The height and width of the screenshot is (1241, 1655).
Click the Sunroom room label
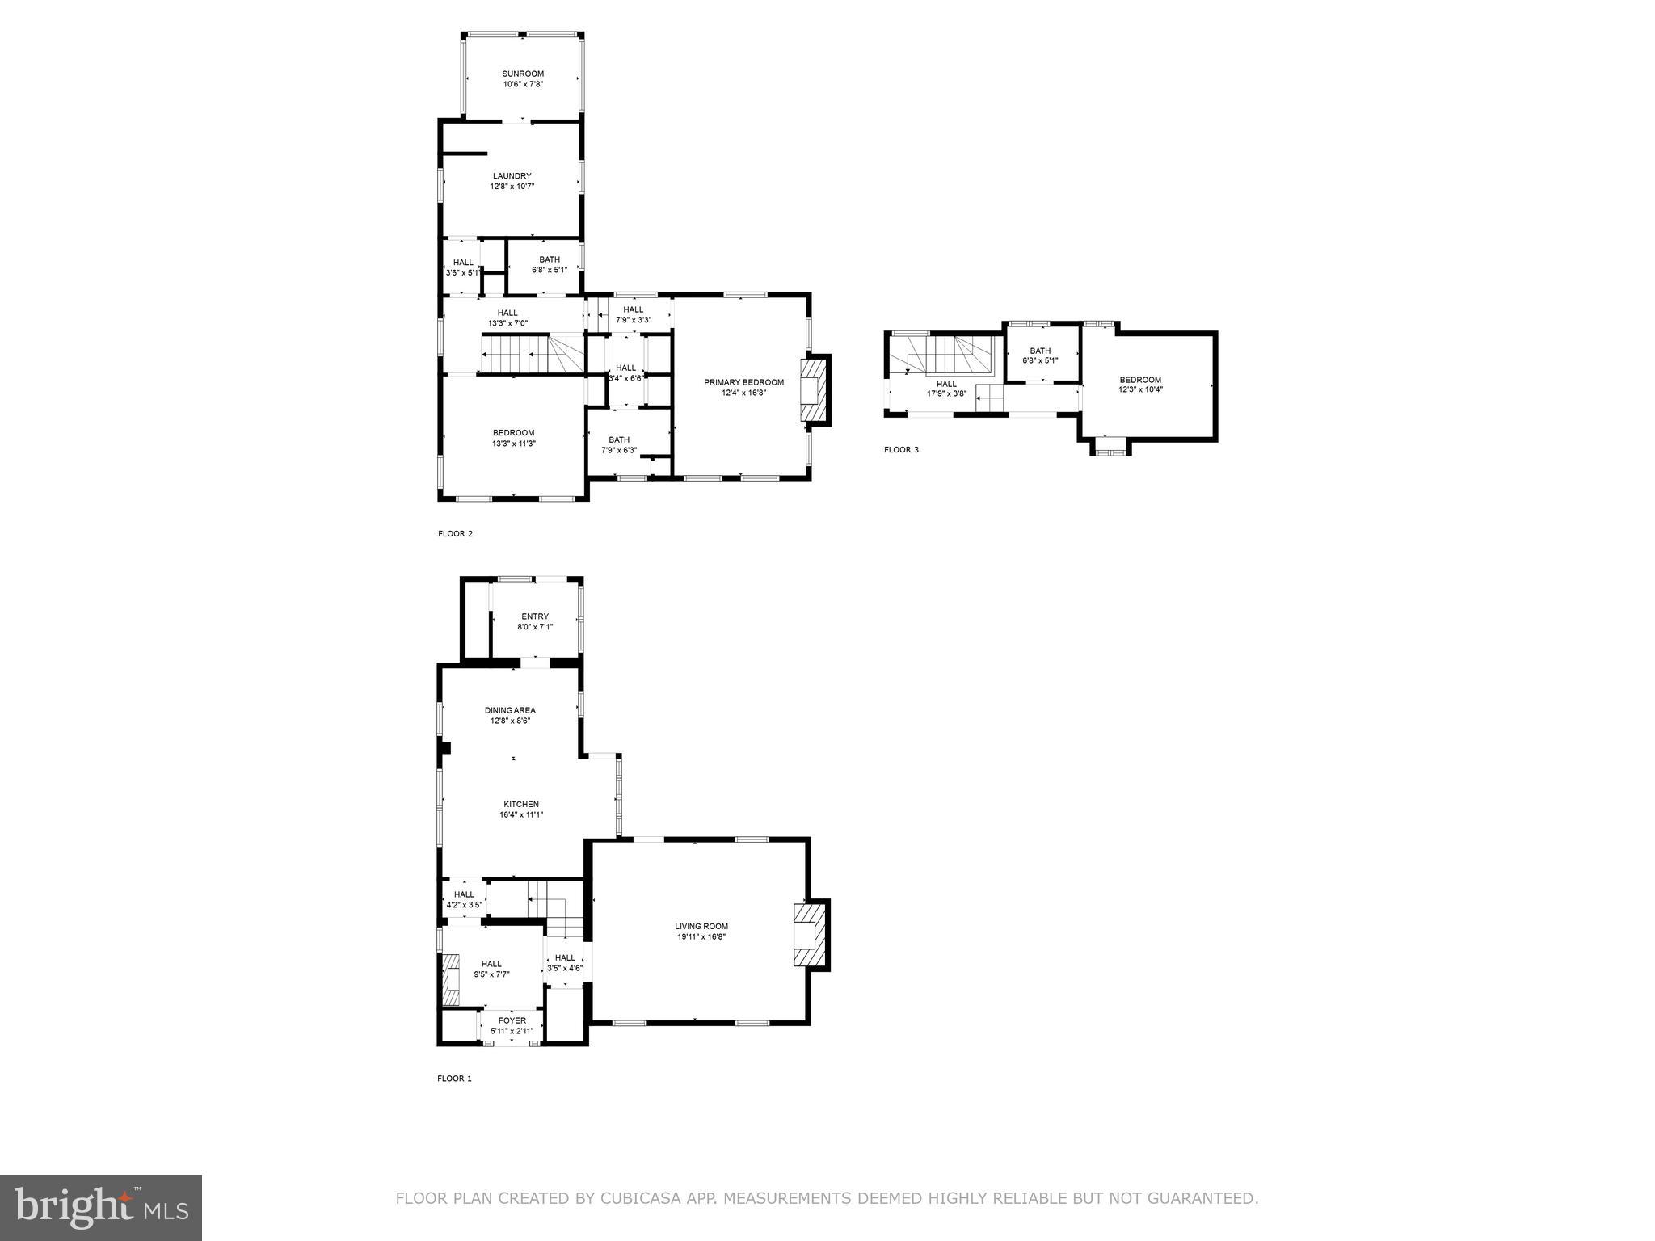click(x=522, y=74)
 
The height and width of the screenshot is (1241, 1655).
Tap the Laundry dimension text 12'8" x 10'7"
click(x=512, y=187)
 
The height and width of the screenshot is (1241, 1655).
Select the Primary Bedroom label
click(x=743, y=382)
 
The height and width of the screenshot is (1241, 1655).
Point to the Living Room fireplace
click(x=811, y=935)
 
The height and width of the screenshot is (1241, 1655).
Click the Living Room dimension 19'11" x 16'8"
click(x=701, y=937)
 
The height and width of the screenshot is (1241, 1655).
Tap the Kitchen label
click(x=521, y=804)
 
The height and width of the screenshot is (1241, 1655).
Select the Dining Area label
click(x=510, y=710)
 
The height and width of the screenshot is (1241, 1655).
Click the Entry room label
click(x=534, y=616)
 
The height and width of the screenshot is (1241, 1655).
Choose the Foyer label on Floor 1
click(x=512, y=1020)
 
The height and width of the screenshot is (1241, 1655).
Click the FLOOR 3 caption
click(x=901, y=450)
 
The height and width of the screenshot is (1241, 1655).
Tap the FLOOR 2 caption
click(x=455, y=533)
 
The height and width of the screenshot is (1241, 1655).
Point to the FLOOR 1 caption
click(x=454, y=1079)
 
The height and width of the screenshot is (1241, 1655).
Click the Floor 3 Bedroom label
click(x=1140, y=380)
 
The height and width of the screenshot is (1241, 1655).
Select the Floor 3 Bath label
click(x=1040, y=351)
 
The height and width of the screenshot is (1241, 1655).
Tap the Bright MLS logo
click(x=100, y=1207)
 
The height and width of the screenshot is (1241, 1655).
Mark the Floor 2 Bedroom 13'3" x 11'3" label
click(x=513, y=433)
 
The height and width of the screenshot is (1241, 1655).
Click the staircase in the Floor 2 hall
click(x=533, y=354)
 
